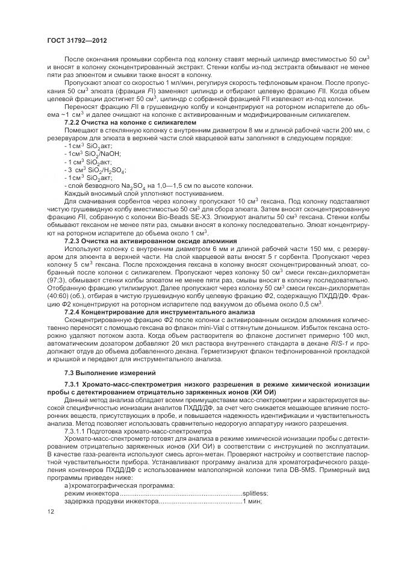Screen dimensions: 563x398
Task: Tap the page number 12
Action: click(x=50, y=512)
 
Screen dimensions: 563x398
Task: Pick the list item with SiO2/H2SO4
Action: click(x=90, y=170)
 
